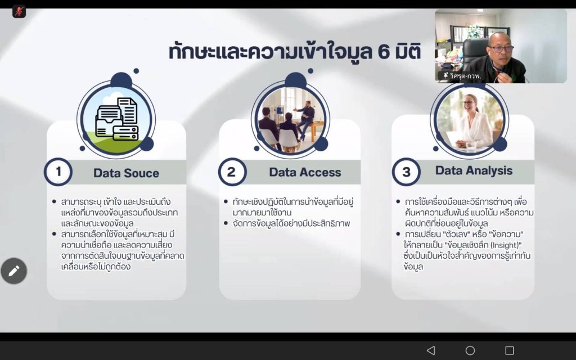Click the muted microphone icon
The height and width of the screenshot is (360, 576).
pyautogui.click(x=19, y=11)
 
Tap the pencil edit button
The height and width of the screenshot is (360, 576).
pyautogui.click(x=14, y=271)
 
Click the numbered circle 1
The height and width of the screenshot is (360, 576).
pyautogui.click(x=58, y=172)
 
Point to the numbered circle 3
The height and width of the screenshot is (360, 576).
pyautogui.click(x=406, y=172)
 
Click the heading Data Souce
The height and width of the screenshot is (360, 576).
pyautogui.click(x=126, y=173)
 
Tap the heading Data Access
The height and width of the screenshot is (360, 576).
pyautogui.click(x=305, y=172)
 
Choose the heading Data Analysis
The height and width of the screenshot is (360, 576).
pyautogui.click(x=474, y=170)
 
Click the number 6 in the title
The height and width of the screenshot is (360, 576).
pyautogui.click(x=383, y=52)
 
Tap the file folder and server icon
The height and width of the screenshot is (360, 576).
pyautogui.click(x=117, y=119)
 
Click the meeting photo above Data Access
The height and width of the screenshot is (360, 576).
pyautogui.click(x=290, y=119)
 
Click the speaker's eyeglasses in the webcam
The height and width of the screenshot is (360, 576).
pyautogui.click(x=501, y=48)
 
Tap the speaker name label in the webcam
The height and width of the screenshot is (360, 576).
pyautogui.click(x=462, y=76)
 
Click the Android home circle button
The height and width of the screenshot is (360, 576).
pyautogui.click(x=470, y=350)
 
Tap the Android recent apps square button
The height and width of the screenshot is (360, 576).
pyautogui.click(x=510, y=350)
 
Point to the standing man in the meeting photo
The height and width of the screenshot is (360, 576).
pyautogui.click(x=305, y=118)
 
